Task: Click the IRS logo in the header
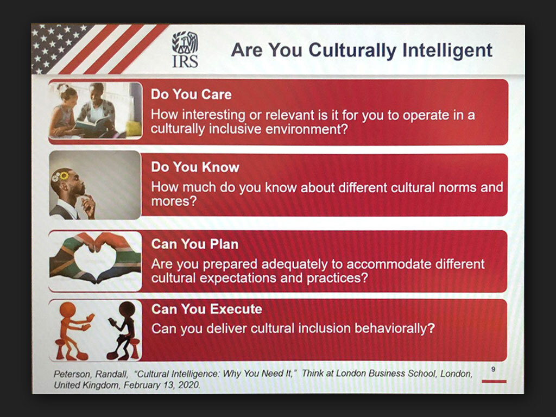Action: coord(185,49)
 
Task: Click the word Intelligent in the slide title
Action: coord(447,50)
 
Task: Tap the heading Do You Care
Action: coord(191,94)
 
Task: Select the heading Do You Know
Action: coord(195,167)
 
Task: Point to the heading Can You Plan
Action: coord(195,244)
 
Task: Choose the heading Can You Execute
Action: coord(207,309)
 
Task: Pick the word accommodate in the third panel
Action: coord(389,264)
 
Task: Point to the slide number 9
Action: coord(493,369)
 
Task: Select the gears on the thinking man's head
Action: coord(60,175)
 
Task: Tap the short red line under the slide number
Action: coord(494,382)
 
